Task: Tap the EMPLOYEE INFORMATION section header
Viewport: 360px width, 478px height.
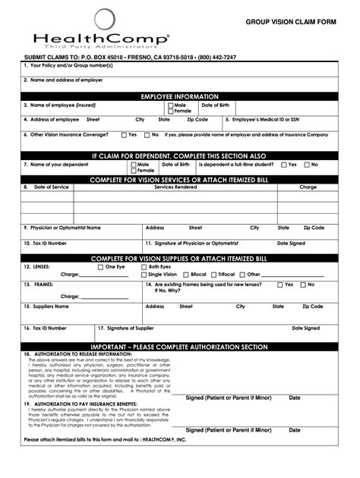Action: click(180, 97)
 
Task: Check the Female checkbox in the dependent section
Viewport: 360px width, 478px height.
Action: click(133, 170)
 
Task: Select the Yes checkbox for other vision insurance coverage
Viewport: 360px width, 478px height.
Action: click(124, 135)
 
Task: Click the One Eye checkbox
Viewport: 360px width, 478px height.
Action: click(100, 267)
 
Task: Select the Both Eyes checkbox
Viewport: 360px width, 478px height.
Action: click(144, 267)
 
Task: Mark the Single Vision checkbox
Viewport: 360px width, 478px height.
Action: click(144, 275)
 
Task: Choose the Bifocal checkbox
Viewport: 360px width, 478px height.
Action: click(185, 275)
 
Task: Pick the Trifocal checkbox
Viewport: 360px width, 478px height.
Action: click(214, 275)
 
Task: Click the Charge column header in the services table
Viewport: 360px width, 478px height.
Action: click(308, 187)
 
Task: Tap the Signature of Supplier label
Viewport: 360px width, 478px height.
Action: click(125, 329)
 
